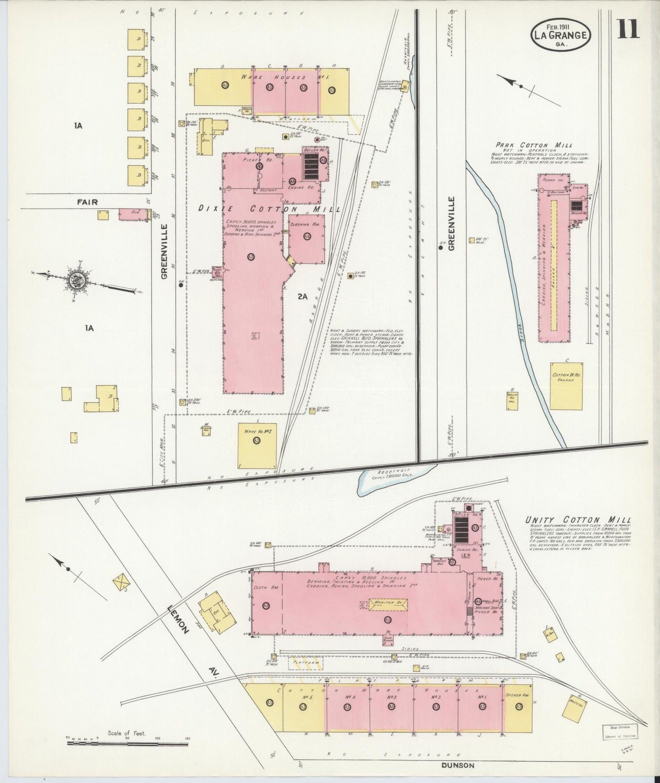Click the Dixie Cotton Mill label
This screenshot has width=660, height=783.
[269, 209]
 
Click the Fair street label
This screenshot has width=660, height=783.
[87, 201]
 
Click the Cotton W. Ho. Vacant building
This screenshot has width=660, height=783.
[566, 386]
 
